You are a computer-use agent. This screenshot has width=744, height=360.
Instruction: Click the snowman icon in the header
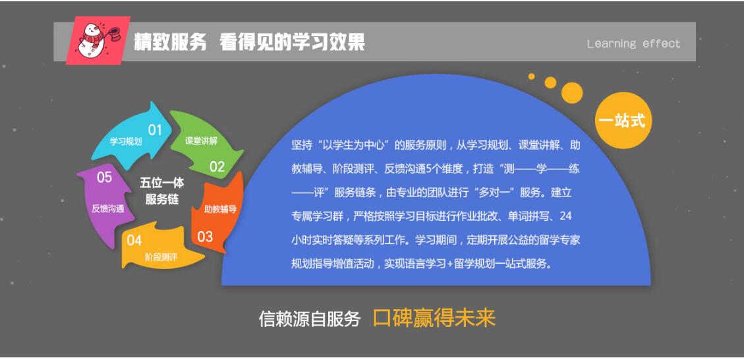click(x=98, y=40)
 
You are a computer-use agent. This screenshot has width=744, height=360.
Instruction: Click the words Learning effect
click(x=633, y=44)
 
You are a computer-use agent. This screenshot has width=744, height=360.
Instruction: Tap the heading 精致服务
click(x=170, y=42)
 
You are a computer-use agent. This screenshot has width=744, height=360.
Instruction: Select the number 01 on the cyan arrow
click(x=155, y=130)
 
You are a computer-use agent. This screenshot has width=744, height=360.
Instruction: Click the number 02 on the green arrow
click(x=217, y=167)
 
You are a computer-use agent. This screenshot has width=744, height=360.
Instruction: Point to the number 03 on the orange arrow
click(x=205, y=236)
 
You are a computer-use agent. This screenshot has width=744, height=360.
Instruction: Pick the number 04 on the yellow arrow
click(x=134, y=240)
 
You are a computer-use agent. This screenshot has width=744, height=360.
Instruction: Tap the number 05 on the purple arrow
click(x=104, y=177)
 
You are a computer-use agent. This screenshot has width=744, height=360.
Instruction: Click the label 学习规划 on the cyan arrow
click(x=126, y=142)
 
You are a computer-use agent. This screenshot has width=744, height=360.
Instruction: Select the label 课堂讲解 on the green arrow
click(x=201, y=141)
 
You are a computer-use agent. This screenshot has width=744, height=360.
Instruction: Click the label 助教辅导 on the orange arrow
click(x=220, y=209)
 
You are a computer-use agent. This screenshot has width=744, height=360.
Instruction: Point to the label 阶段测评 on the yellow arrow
click(x=161, y=257)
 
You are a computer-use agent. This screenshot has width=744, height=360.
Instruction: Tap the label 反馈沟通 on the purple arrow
click(x=107, y=208)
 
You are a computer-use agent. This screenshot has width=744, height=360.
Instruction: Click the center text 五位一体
click(x=162, y=183)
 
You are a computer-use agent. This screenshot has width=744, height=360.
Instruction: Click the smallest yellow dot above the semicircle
click(x=531, y=76)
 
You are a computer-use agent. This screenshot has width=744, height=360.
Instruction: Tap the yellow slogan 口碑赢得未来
click(x=434, y=318)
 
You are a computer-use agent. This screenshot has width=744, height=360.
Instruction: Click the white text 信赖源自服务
click(x=309, y=318)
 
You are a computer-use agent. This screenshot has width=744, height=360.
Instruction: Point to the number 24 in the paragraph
click(x=565, y=216)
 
